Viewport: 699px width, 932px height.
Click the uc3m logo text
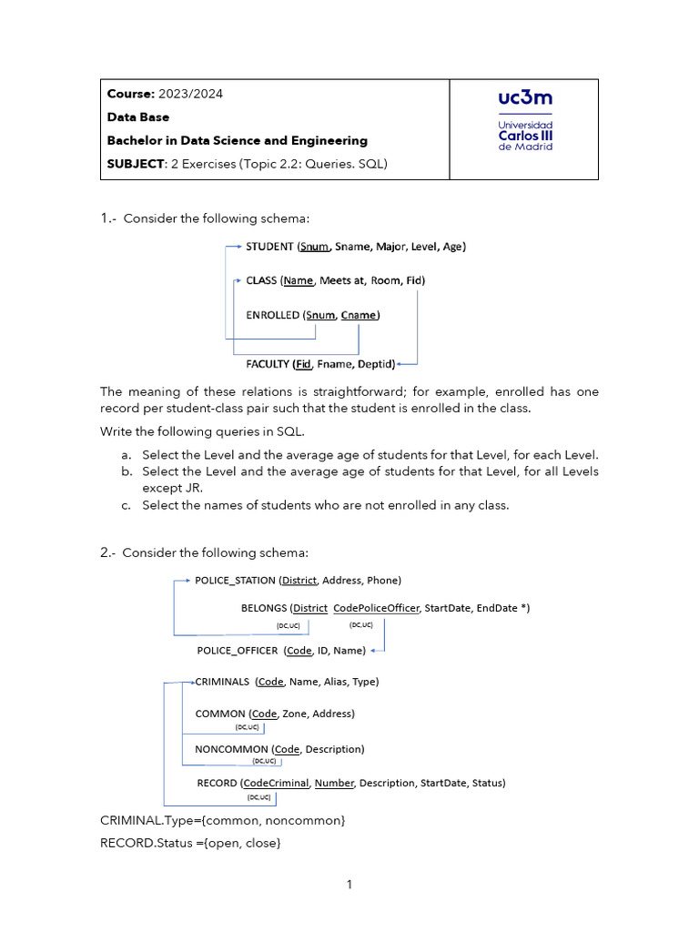click(x=525, y=97)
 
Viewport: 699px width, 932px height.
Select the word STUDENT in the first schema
click(x=270, y=246)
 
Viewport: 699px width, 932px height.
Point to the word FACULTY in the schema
click(x=268, y=364)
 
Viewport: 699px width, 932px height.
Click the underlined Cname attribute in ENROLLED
click(x=359, y=315)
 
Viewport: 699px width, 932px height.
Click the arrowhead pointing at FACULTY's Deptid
click(x=401, y=364)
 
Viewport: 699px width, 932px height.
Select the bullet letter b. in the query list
click(x=126, y=471)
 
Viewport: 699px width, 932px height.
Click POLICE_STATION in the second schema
click(x=235, y=580)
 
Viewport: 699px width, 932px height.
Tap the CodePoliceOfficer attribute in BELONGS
click(x=377, y=608)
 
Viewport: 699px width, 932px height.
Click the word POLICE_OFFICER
click(x=238, y=651)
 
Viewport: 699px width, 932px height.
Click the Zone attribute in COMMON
click(x=294, y=714)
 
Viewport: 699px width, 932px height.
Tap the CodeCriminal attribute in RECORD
click(x=277, y=783)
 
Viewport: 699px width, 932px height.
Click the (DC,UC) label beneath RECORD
click(x=259, y=798)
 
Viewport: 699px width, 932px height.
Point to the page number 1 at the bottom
click(x=349, y=884)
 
